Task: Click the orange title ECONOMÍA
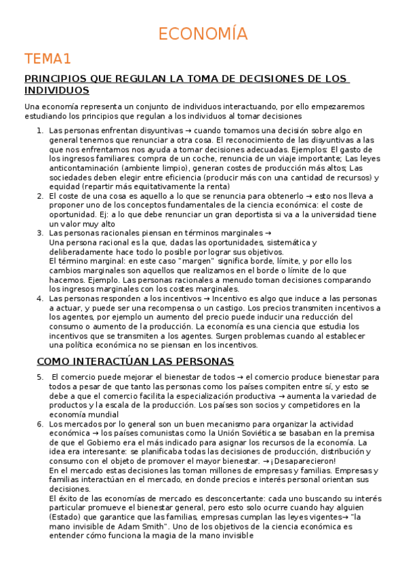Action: pyautogui.click(x=203, y=34)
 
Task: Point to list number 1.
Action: pyautogui.click(x=40, y=130)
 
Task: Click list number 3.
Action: pyautogui.click(x=40, y=233)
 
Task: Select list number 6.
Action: pyautogui.click(x=40, y=424)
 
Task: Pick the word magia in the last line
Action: pyautogui.click(x=153, y=535)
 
